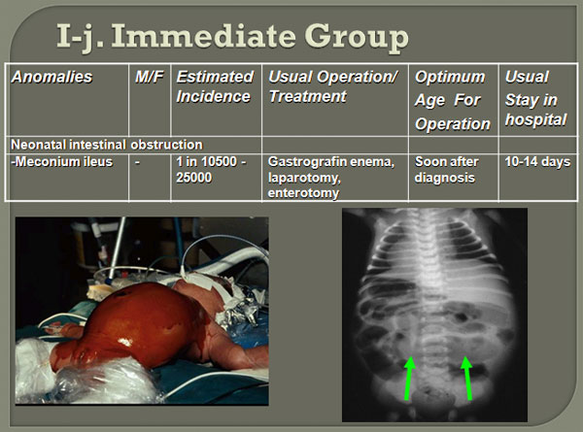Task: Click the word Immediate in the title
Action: pos(203,36)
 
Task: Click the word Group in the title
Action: pos(357,38)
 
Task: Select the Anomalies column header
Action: pos(51,77)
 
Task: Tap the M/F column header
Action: pos(149,77)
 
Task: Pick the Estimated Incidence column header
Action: pos(215,86)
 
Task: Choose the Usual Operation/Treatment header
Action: pos(332,86)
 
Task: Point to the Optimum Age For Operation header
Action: pos(453,100)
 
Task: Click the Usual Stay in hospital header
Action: pos(535,98)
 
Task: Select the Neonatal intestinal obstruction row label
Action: pos(107,145)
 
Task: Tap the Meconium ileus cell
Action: pos(62,162)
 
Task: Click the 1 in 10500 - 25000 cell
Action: pos(211,169)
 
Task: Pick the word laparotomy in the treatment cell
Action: pos(304,178)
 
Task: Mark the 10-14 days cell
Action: pos(537,162)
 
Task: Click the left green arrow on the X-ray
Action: pos(409,379)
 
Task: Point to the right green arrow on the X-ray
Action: pos(467,379)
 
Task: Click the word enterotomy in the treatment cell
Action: pos(303,193)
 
